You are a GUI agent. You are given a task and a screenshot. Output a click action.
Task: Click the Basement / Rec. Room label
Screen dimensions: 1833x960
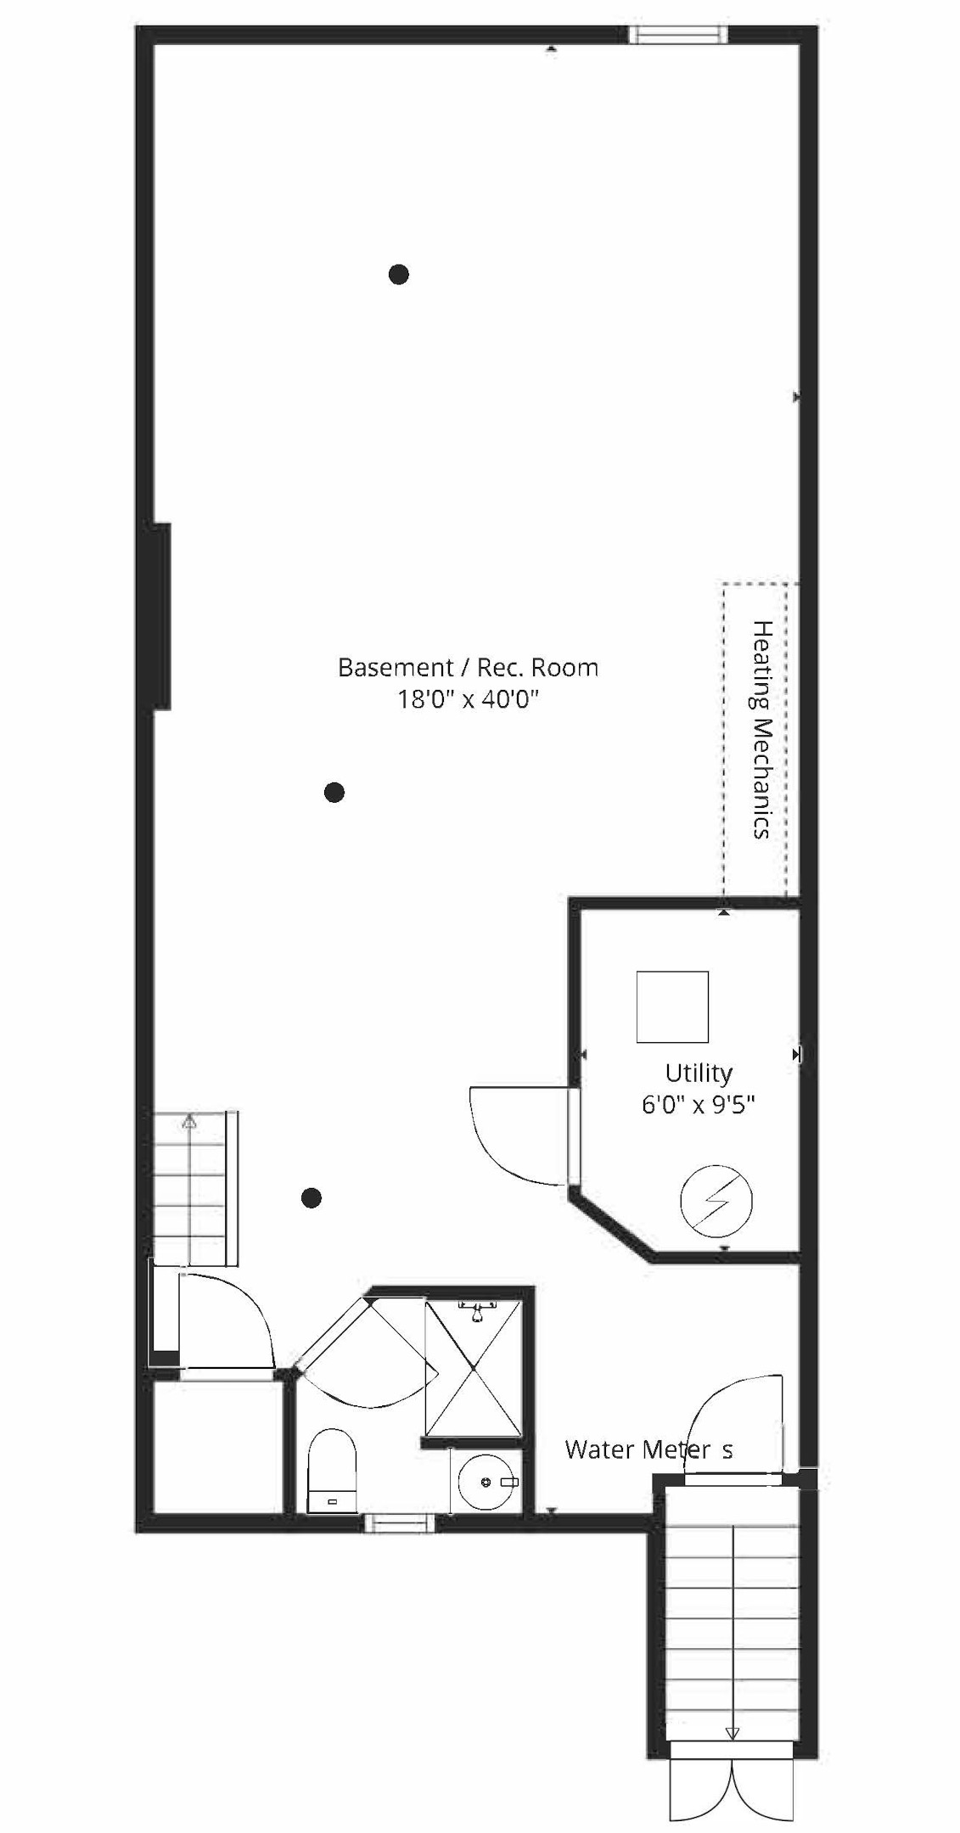click(x=468, y=668)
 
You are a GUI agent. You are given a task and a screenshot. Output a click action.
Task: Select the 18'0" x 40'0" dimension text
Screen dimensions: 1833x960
click(x=468, y=700)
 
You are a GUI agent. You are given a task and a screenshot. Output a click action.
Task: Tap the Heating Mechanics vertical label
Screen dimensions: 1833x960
click(x=762, y=730)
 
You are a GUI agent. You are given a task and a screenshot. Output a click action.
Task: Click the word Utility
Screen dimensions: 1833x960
click(x=698, y=1073)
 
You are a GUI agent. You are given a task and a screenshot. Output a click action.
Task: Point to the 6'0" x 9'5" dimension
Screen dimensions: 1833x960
click(x=698, y=1105)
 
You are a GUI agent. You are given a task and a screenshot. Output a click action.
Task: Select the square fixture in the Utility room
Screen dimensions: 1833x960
click(x=672, y=1006)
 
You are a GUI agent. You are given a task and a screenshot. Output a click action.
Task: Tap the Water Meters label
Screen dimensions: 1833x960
click(x=648, y=1449)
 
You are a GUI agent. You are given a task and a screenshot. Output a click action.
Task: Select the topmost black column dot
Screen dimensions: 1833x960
click(x=399, y=274)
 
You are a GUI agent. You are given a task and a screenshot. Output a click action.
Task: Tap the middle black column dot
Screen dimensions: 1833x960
click(x=334, y=792)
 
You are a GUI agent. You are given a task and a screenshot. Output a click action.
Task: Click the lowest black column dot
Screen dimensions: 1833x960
click(x=312, y=1197)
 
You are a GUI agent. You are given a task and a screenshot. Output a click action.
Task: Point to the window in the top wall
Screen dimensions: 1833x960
click(x=677, y=34)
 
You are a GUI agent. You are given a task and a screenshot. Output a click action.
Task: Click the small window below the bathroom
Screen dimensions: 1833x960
click(x=399, y=1524)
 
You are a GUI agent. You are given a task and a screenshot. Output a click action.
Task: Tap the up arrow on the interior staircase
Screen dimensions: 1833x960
click(x=189, y=1122)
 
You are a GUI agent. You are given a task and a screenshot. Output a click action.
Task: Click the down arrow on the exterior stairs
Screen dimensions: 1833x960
click(x=732, y=1732)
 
